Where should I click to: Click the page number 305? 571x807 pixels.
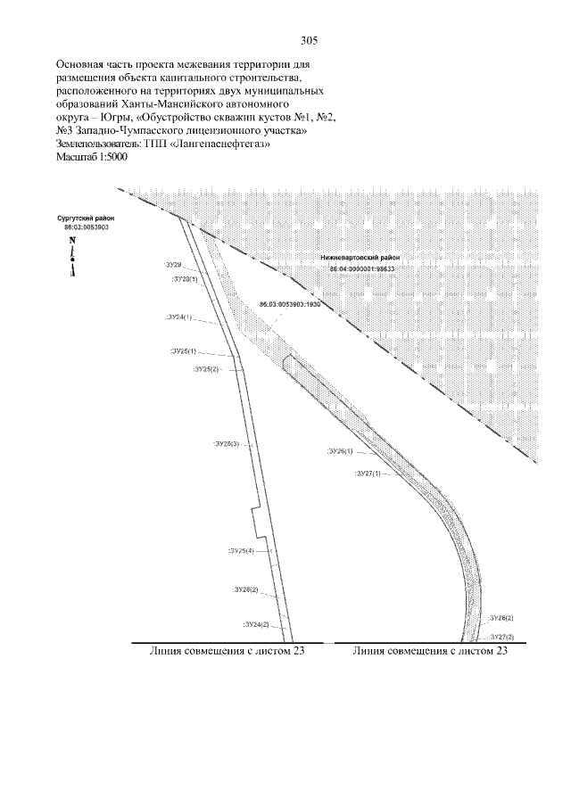tap(309, 42)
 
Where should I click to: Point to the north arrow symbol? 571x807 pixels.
tap(71, 258)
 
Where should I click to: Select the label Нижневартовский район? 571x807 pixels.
tap(360, 259)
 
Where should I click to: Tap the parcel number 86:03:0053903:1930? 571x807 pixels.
tap(289, 304)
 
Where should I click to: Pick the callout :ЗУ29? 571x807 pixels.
tap(173, 265)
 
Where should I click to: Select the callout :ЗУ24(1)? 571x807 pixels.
tap(178, 317)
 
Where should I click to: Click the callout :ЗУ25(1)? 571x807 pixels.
tap(183, 351)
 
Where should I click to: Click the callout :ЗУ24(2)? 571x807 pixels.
tap(256, 624)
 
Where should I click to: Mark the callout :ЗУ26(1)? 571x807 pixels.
tap(341, 451)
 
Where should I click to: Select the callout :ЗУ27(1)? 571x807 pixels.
tap(368, 473)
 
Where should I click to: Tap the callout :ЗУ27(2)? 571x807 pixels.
tap(501, 637)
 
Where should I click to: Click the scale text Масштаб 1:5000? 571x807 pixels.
tap(92, 156)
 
